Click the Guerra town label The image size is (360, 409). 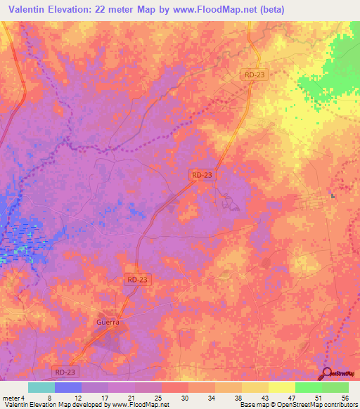108,322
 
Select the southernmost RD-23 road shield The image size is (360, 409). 67,372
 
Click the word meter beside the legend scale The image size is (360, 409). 11,397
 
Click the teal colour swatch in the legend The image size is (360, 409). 41,387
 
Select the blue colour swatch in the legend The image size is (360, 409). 68,387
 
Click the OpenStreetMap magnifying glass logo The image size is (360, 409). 328,373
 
